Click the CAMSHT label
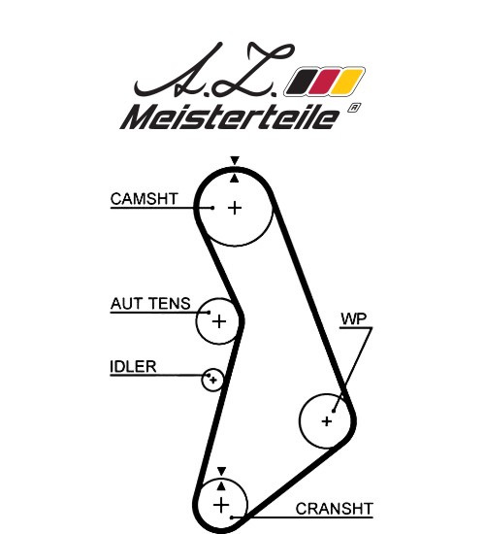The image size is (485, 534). coord(145,199)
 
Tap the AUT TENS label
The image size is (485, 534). coord(150,304)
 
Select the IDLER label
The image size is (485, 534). coord(133,367)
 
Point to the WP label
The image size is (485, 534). coord(354,319)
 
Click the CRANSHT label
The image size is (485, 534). coord(335,509)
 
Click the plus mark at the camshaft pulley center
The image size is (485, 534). coord(235,208)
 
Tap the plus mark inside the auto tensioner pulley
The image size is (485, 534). coord(219,321)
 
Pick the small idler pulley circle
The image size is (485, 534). coord(212,369)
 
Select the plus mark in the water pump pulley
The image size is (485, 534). coord(327,421)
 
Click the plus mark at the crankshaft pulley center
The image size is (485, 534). coord(221,505)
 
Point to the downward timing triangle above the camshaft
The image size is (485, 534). coord(235,160)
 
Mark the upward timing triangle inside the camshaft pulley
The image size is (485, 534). coord(234,179)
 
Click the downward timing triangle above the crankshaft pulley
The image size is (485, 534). coord(221,471)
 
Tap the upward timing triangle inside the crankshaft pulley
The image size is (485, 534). coord(221,486)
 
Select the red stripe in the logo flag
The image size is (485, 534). coord(324,82)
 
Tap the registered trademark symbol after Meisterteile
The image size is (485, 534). coord(354,108)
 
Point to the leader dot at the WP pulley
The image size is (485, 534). coord(334,411)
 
